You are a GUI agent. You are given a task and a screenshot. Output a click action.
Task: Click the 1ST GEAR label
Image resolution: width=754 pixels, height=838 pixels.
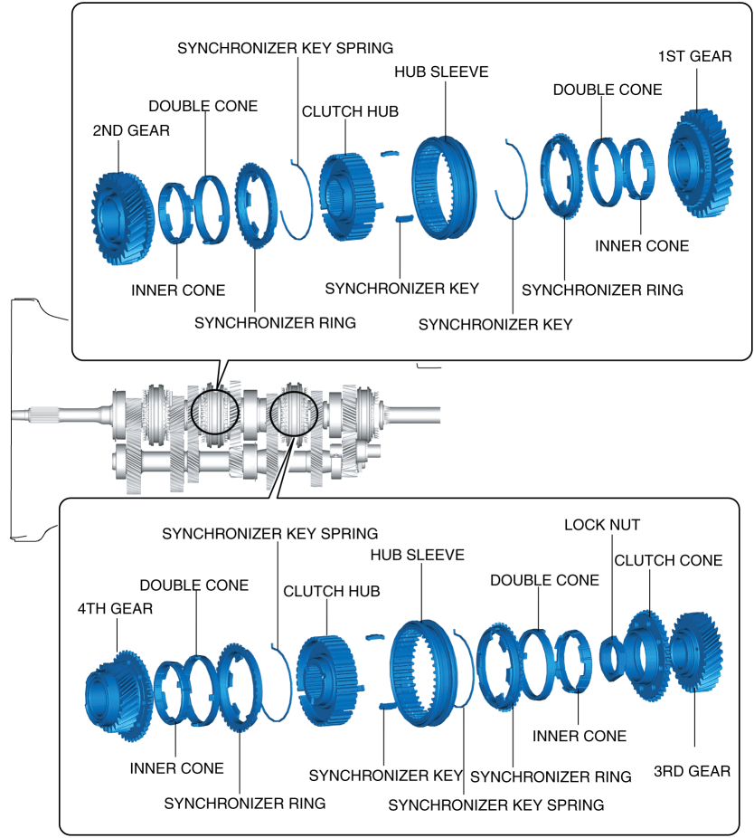[x=695, y=56]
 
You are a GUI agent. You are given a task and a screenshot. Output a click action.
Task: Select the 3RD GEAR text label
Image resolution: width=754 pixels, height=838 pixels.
[x=692, y=772]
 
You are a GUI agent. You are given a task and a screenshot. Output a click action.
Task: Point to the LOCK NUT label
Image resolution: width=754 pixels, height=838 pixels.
[x=589, y=525]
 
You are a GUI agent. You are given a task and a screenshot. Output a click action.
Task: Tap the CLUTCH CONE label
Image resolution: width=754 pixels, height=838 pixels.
[x=668, y=560]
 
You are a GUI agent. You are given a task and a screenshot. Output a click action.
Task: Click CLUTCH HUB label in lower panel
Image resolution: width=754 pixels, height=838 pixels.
[x=332, y=591]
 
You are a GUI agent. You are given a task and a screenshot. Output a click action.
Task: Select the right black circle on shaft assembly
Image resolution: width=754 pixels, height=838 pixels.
[x=295, y=412]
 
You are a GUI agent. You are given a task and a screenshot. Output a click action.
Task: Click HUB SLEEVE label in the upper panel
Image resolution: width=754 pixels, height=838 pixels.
[x=441, y=71]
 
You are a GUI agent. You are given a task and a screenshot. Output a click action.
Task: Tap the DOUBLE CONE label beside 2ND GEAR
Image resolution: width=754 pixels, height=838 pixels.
[x=203, y=106]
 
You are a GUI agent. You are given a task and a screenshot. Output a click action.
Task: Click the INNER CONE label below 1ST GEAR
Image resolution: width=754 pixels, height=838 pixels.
[x=642, y=245]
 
